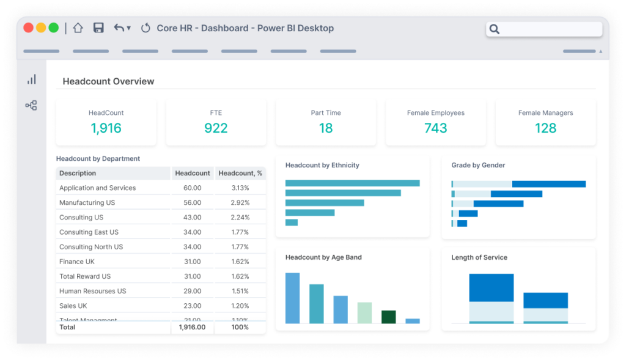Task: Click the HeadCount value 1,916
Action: tap(106, 128)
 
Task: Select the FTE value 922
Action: tap(216, 128)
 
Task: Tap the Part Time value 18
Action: tap(326, 128)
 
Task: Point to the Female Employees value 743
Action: tap(436, 128)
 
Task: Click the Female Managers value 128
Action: tap(545, 128)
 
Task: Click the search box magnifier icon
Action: tap(495, 29)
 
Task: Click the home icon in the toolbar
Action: tap(78, 28)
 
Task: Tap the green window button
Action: tap(54, 28)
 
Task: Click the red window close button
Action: tap(29, 28)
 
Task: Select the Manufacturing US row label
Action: tap(87, 203)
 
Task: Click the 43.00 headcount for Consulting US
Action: tap(192, 218)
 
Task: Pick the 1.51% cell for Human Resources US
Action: tap(240, 291)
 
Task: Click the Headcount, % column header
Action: tap(240, 174)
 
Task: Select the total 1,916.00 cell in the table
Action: tap(192, 328)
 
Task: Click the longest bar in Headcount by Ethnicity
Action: tap(352, 183)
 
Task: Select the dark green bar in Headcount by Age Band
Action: tap(388, 317)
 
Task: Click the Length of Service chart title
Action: tap(479, 257)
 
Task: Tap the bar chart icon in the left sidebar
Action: tap(31, 79)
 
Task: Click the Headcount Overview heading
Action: tap(108, 81)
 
